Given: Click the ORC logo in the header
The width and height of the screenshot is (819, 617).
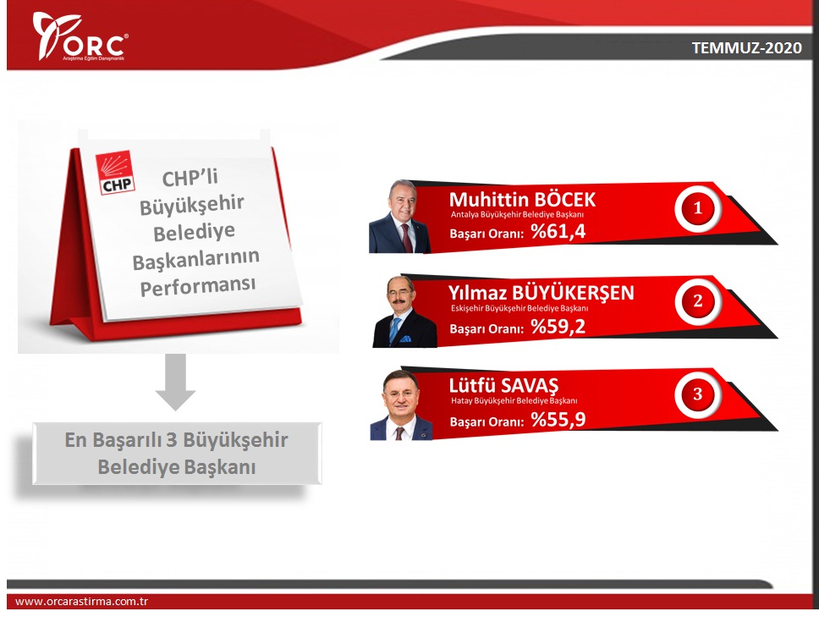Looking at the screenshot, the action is click(80, 36).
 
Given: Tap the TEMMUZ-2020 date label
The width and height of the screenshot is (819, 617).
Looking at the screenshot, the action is click(746, 48).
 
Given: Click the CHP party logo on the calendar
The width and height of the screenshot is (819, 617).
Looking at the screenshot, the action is click(115, 173).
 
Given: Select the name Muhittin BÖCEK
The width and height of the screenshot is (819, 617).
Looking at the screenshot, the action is click(522, 200).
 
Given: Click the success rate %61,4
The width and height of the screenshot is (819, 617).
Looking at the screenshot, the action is click(558, 231).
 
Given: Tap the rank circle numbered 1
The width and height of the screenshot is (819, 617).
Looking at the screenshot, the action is click(697, 208).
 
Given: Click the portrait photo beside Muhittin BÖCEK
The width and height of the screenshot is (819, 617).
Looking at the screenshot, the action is click(399, 217).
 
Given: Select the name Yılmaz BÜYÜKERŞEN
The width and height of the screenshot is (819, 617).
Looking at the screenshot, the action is click(541, 293).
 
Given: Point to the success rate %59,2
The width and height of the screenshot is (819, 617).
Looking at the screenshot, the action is click(558, 327).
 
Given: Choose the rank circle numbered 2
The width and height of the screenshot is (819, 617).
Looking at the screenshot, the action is click(697, 301).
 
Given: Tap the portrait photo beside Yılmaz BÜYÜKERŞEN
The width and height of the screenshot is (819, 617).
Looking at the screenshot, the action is click(404, 311).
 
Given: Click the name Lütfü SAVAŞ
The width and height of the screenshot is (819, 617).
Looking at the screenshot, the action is click(503, 386).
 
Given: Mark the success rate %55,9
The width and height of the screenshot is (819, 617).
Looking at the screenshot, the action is click(558, 420).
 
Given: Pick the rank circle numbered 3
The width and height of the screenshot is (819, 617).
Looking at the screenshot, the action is click(697, 394).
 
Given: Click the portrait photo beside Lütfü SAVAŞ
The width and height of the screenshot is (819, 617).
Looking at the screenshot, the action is click(401, 405).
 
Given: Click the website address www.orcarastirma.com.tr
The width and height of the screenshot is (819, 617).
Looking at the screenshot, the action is click(81, 601).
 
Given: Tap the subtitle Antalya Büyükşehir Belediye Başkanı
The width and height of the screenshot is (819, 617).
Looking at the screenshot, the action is click(517, 215).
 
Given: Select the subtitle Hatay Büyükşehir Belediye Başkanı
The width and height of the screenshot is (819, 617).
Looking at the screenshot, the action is click(514, 401).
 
